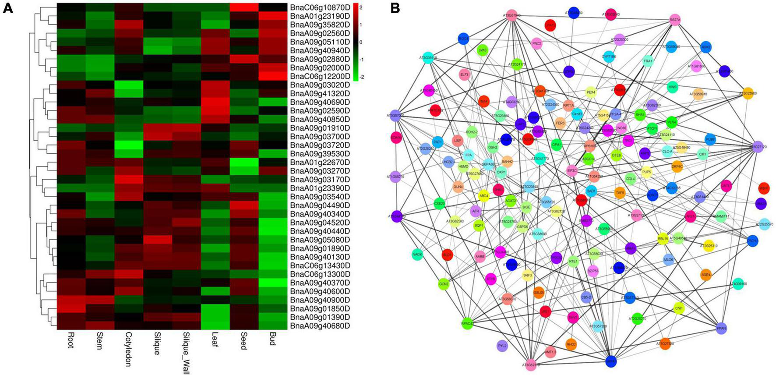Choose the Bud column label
coord(272,339)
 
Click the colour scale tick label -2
coord(362,77)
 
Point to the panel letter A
coord(7,7)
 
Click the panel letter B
coord(395,7)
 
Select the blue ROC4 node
coord(463,38)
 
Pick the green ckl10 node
coord(482,50)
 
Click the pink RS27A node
coord(675,20)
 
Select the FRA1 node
coord(648,61)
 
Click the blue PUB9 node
coord(710,140)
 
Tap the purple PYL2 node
coord(502,346)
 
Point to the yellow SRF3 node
coord(528,276)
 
